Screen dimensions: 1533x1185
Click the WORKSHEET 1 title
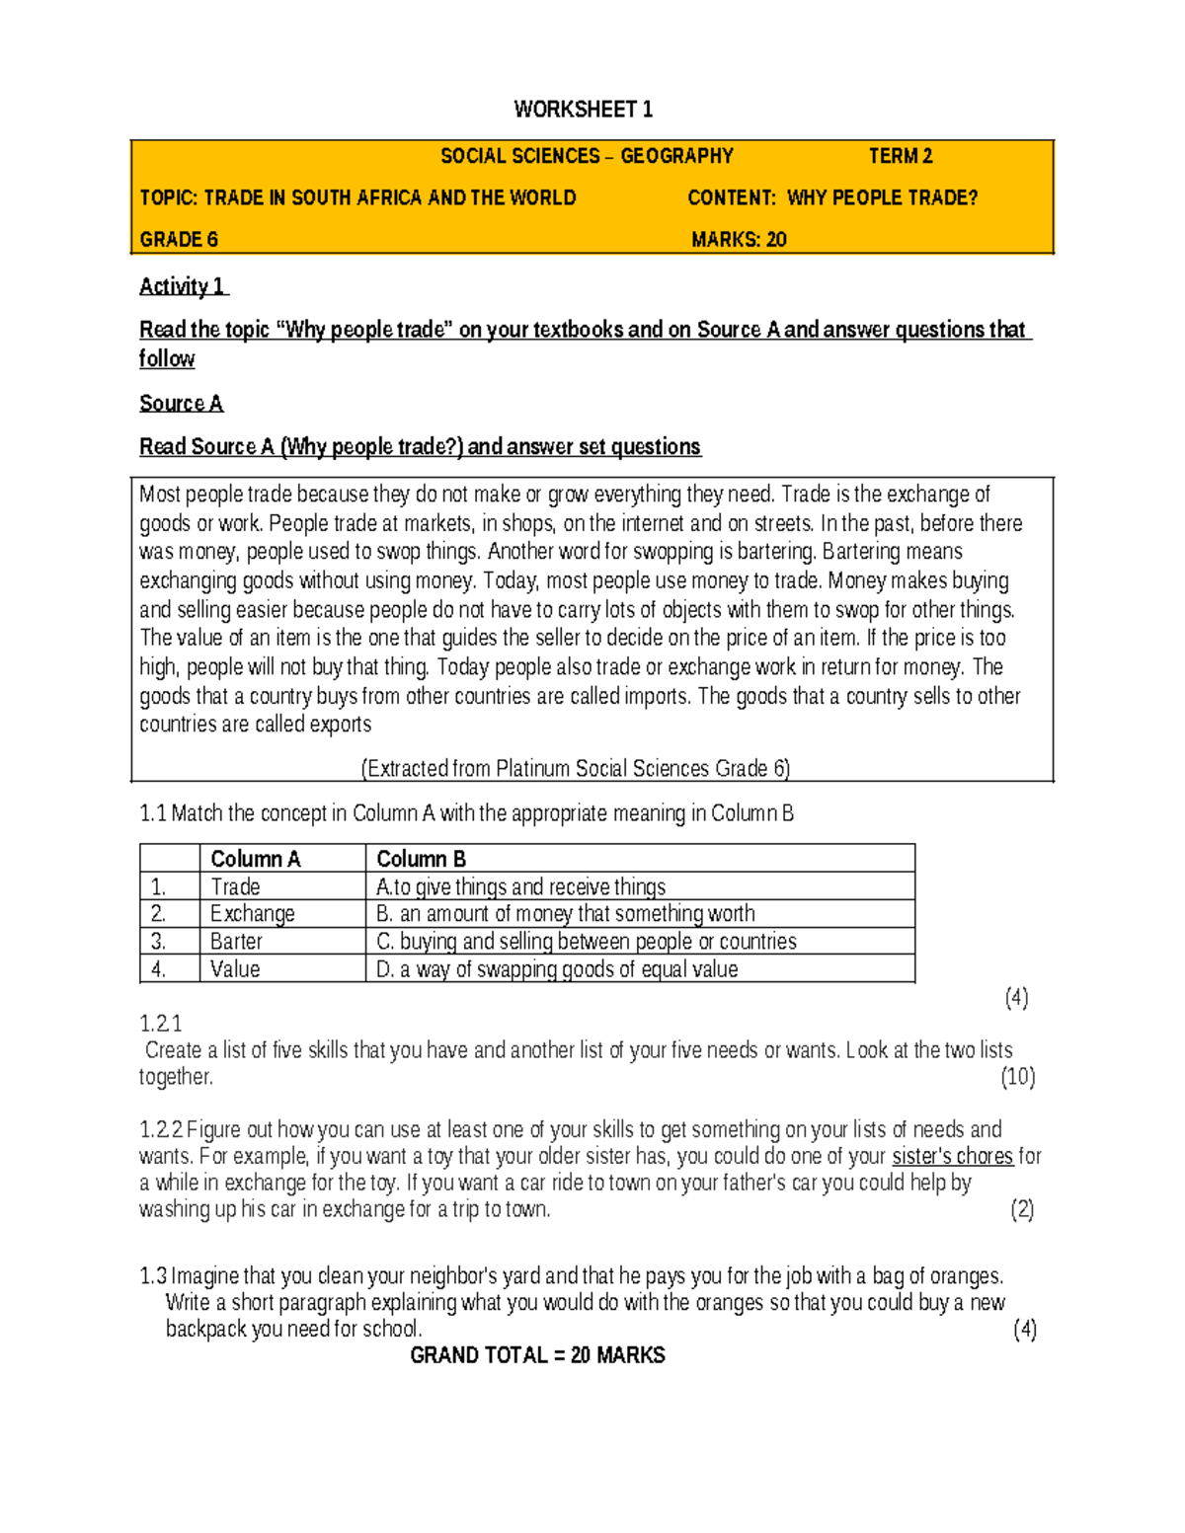pos(583,110)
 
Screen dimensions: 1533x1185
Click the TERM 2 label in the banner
pos(900,156)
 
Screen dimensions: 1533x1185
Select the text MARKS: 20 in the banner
pos(739,240)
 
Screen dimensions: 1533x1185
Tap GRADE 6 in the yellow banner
pos(179,240)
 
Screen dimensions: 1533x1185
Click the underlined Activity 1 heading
pos(183,286)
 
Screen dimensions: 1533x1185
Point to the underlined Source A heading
pos(181,403)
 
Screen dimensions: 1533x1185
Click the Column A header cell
pos(255,859)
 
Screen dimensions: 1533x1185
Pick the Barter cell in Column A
pos(236,942)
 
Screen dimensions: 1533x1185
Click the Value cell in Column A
pos(235,969)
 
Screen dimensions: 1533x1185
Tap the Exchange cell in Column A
pos(252,914)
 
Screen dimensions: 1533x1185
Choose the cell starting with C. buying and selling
pos(586,942)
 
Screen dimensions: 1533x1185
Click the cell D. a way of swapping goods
pos(557,969)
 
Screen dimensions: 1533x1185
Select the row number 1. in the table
pos(159,886)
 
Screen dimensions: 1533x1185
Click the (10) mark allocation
pos(1017,1077)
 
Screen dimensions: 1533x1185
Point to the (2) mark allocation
pos(1021,1209)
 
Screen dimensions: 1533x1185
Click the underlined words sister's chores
pos(952,1156)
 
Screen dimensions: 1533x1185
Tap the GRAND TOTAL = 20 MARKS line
pos(537,1355)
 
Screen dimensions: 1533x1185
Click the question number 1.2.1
pos(161,1024)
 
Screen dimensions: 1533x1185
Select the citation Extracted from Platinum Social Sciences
pos(576,768)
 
